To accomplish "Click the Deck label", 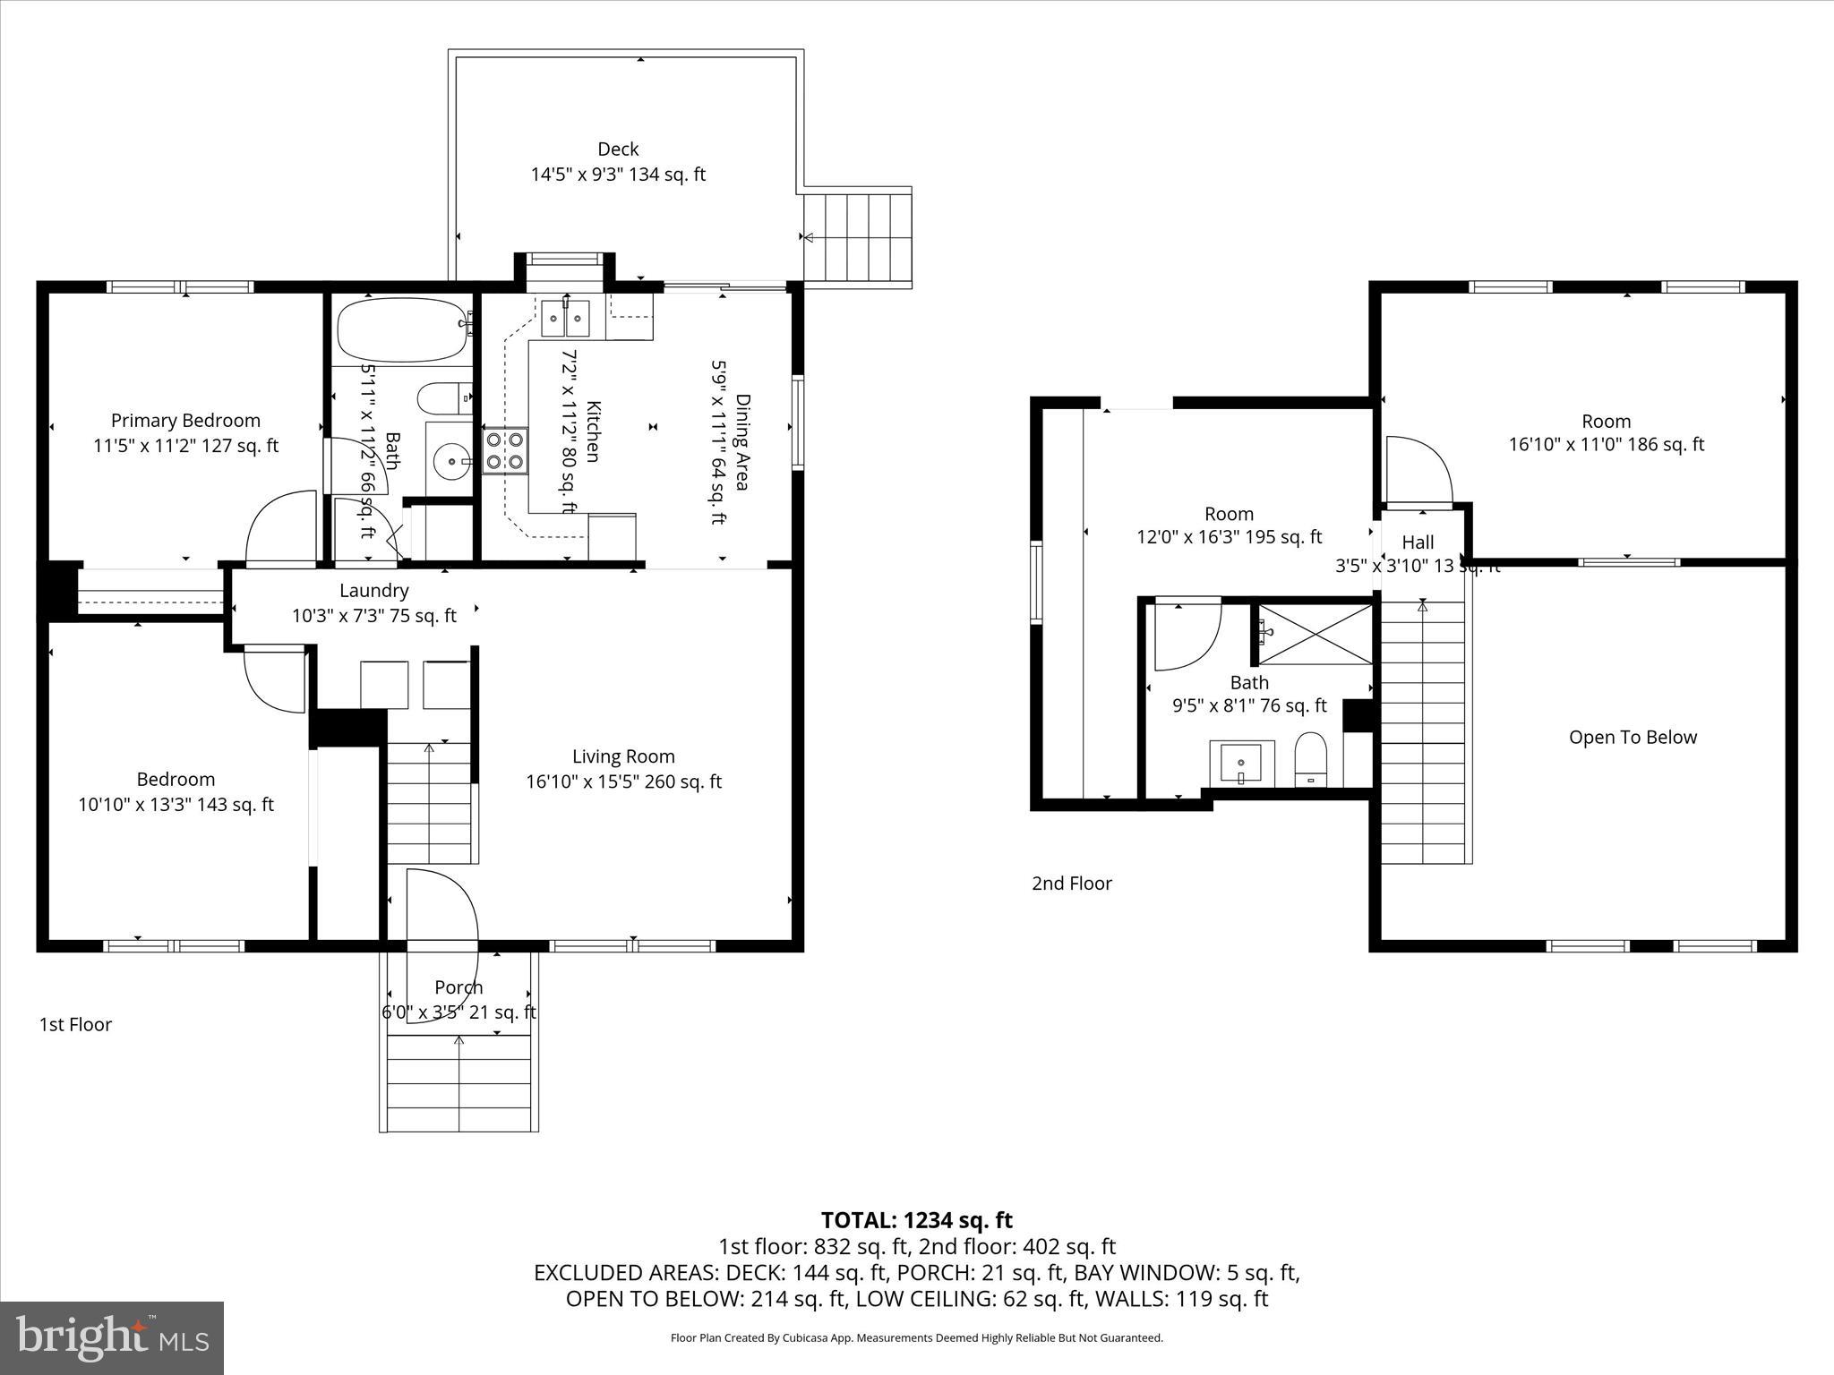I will [618, 149].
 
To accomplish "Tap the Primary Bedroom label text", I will [185, 421].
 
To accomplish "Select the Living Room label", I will [623, 757].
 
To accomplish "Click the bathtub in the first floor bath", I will [402, 329].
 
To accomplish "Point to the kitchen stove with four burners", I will [505, 451].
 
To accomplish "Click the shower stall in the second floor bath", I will [1316, 635].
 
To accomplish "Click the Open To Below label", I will [1633, 738].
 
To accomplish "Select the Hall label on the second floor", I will [1418, 542].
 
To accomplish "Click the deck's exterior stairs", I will [857, 237].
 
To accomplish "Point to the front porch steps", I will [459, 1083].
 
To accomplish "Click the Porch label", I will [458, 987].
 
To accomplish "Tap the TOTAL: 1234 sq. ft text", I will [916, 1220].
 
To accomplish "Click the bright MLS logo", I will [112, 1337].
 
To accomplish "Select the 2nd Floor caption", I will [1072, 884].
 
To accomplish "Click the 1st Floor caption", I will [75, 1025].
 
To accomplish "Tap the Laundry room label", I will [373, 591].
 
